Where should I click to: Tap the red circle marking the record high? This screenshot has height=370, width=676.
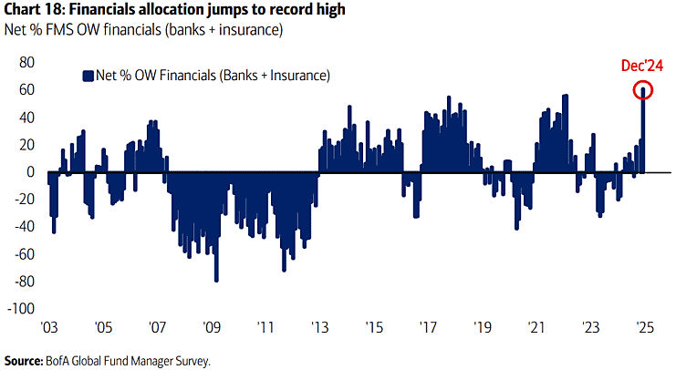643,90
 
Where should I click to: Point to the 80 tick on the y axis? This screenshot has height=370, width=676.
26,62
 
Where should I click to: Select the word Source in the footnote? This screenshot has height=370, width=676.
26,361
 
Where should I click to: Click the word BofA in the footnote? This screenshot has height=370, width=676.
68,361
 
